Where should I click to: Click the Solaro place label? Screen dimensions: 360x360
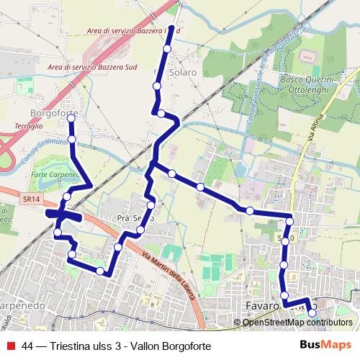click(x=183, y=73)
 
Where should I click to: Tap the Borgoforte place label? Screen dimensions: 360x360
click(x=54, y=113)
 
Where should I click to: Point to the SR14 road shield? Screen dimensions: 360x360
click(x=30, y=197)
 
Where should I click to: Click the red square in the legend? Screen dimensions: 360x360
click(x=9, y=346)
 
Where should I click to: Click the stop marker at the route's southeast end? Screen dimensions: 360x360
click(x=312, y=313)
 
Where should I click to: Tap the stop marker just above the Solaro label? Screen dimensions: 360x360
click(x=167, y=49)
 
